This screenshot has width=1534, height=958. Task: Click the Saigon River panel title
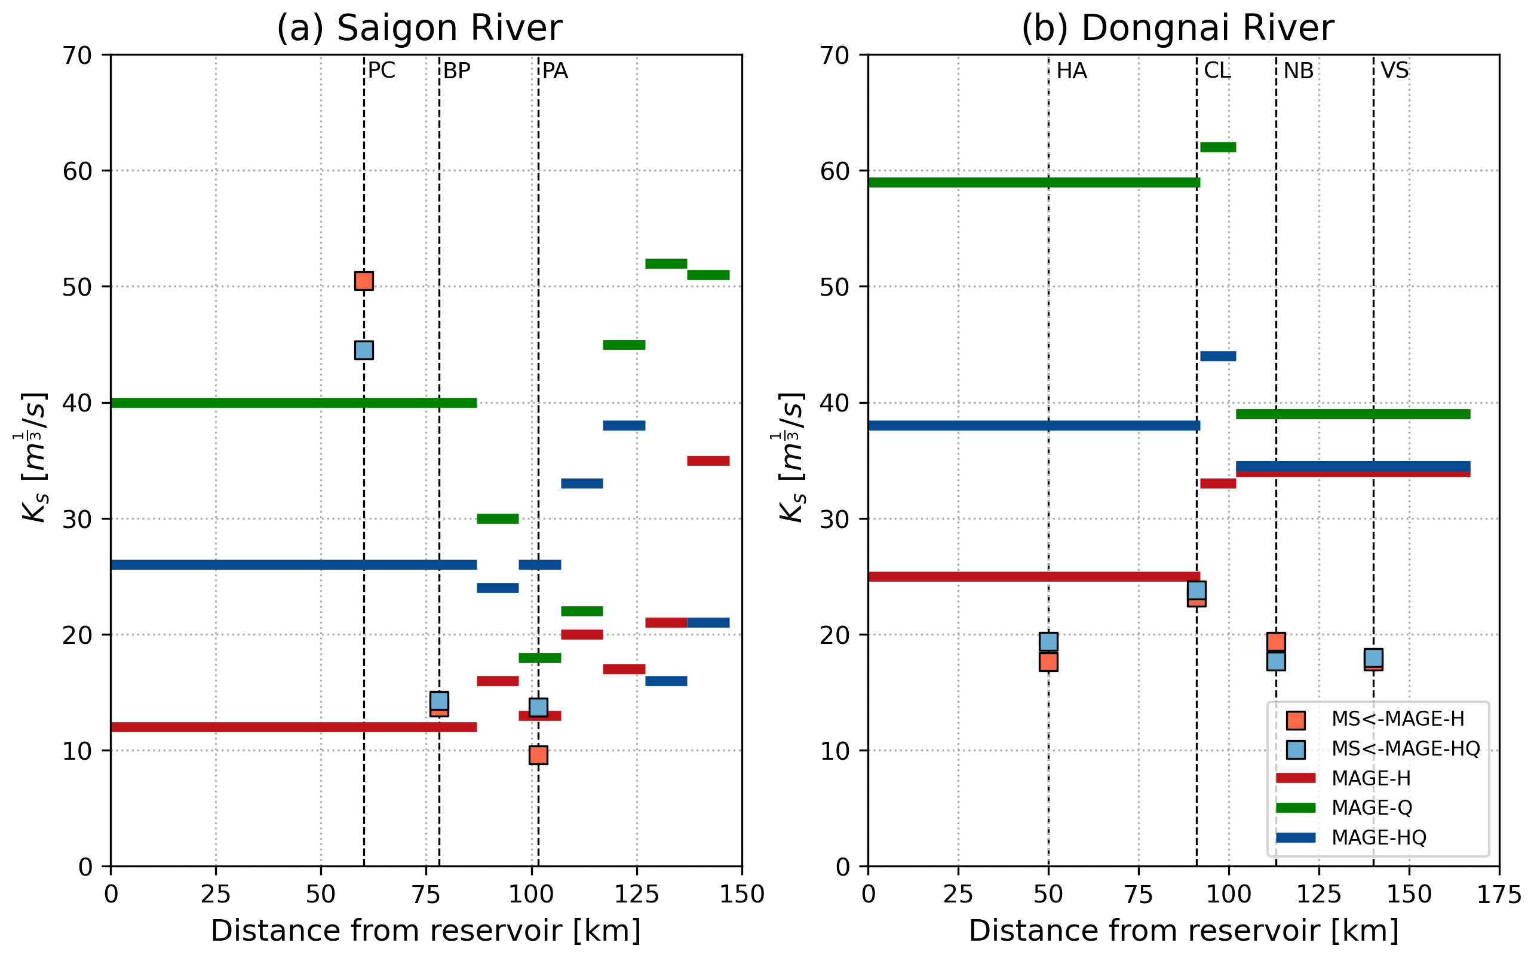coord(419,29)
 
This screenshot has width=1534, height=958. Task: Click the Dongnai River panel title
coord(1177,29)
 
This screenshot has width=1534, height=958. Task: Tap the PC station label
coord(382,70)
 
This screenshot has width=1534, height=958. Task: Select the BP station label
coord(457,71)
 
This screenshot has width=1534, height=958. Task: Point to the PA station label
coord(555,71)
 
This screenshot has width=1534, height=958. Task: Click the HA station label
coord(1072,71)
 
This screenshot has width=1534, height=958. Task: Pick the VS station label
coord(1395,70)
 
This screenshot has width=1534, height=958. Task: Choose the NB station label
coord(1298,71)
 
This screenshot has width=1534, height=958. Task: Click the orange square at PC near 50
coord(364,281)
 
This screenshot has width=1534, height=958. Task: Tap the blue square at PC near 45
coord(364,350)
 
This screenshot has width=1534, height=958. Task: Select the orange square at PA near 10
coord(538,754)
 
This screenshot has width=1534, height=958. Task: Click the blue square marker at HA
coord(1048,642)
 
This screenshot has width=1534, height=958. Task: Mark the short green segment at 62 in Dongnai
coord(1218,148)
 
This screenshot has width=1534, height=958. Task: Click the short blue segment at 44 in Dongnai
coord(1218,356)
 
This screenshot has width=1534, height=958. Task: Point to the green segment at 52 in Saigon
coord(666,263)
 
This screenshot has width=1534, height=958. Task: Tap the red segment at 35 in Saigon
coord(708,460)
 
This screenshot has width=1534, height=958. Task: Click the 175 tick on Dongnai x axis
coord(1499,895)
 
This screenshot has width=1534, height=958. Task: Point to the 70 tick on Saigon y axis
coord(77,56)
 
